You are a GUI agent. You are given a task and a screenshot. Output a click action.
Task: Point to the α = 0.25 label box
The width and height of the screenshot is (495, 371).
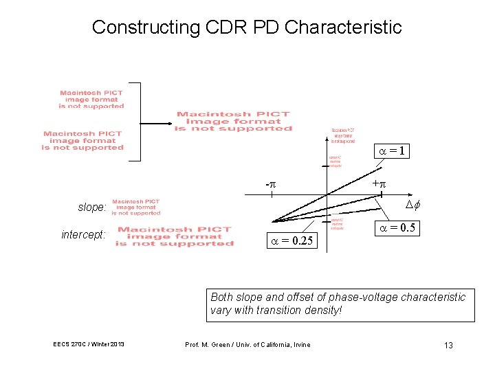pos(292,240)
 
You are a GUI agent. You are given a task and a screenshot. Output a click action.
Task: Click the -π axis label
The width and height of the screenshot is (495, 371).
pos(271,185)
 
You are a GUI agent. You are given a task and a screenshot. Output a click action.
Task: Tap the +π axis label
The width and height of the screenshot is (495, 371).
pos(379,184)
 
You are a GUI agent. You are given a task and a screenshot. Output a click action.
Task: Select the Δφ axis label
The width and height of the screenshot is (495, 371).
pos(412,205)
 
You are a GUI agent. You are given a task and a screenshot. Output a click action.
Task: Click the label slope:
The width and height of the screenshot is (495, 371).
pos(92,207)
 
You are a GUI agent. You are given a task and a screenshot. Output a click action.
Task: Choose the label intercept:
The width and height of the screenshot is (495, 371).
pos(83,235)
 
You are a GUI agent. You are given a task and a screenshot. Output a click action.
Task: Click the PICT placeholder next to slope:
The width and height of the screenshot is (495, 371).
pos(136,207)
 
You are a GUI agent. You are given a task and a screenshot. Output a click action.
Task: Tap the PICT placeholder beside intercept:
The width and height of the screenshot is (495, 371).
pos(175,236)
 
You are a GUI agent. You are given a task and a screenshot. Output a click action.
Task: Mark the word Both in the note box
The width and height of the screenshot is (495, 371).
pos(222,297)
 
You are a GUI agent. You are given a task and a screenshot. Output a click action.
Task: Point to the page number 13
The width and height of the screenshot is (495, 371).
pos(448,345)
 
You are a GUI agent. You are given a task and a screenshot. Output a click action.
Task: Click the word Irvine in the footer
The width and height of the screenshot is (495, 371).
pos(300,345)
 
